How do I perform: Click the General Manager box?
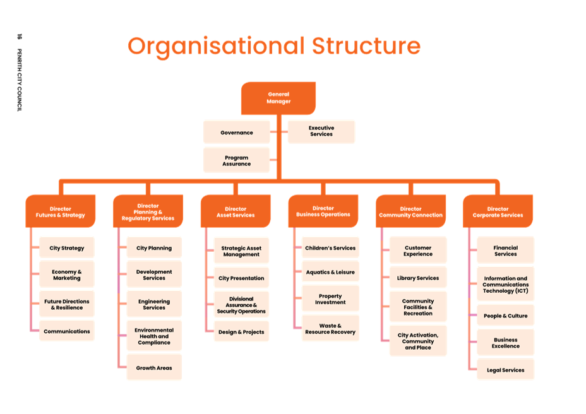point(278,98)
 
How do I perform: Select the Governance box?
point(237,133)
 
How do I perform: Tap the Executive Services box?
point(321,131)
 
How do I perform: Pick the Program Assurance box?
point(237,160)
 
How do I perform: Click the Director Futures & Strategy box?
point(60,211)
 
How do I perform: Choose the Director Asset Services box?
point(235,211)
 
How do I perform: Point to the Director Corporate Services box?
point(498,211)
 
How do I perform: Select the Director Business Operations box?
point(323,211)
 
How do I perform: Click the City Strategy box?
point(67,248)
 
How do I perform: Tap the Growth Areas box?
point(154,368)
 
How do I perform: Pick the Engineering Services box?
point(154,304)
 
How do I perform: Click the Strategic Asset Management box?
point(241,251)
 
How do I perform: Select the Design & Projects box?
point(241,332)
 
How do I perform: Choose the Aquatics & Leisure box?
point(330,272)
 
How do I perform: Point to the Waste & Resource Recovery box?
point(330,329)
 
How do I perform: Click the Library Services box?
point(418,278)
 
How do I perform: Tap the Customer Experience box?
point(418,251)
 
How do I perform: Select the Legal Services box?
point(505,370)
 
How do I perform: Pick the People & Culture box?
point(505,316)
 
